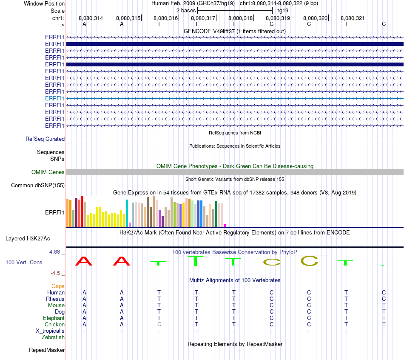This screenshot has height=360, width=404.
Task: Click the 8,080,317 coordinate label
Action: pyautogui.click(x=203, y=18)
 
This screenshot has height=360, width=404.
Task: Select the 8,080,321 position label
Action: pyautogui.click(x=353, y=18)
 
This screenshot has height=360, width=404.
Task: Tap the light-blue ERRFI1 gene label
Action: pyautogui.click(x=55, y=98)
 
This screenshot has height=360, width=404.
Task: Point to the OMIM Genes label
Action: pyautogui.click(x=48, y=172)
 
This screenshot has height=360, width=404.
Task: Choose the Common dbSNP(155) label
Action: pyautogui.click(x=38, y=185)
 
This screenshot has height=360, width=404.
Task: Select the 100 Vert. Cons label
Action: pyautogui.click(x=24, y=263)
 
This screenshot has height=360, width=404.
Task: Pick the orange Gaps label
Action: pyautogui.click(x=58, y=286)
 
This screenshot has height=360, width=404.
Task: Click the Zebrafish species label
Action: pyautogui.click(x=53, y=337)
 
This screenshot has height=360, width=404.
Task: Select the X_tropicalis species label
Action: pyautogui.click(x=50, y=331)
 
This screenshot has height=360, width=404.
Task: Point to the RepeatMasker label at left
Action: pyautogui.click(x=47, y=350)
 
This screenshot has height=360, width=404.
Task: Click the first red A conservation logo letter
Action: pyautogui.click(x=84, y=261)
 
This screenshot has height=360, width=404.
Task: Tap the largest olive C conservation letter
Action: pyautogui.click(x=309, y=260)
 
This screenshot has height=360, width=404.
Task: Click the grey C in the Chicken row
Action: pyautogui.click(x=159, y=325)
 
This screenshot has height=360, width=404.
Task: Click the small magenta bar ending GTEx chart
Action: pyautogui.click(x=225, y=225)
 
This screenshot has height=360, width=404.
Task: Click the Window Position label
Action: pyautogui.click(x=44, y=3)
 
